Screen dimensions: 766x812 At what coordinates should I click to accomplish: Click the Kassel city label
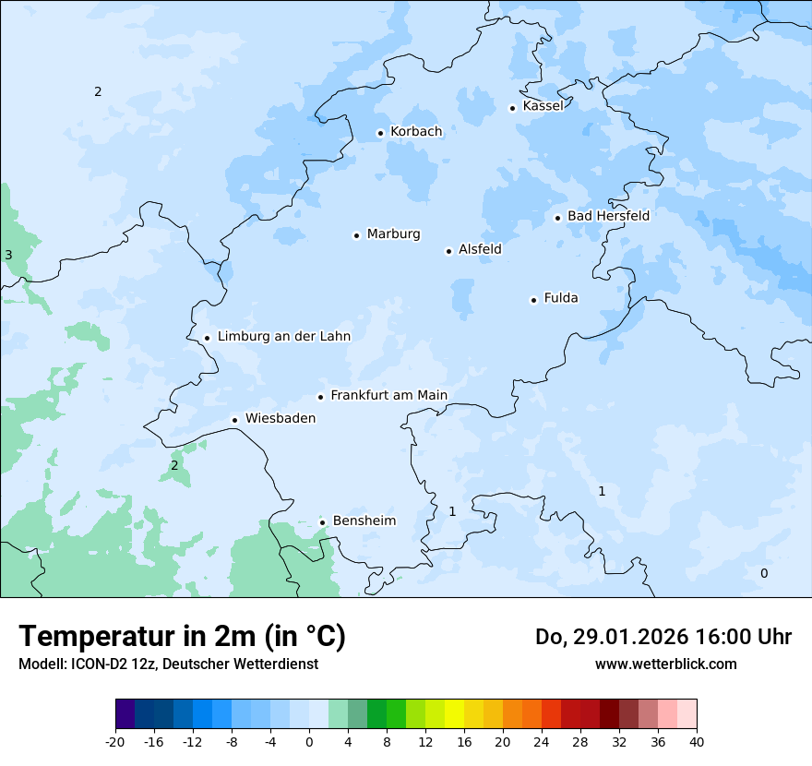543,106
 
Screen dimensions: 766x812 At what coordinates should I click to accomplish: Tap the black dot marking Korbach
380,133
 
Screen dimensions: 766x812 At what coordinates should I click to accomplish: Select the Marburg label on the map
393,234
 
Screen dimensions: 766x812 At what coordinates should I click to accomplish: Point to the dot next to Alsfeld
449,251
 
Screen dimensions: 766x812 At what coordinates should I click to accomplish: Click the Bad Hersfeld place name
608,216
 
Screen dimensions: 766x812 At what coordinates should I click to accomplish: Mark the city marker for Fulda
533,300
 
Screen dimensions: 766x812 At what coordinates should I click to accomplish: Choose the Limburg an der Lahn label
283,337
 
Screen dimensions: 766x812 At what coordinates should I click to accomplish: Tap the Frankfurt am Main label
388,395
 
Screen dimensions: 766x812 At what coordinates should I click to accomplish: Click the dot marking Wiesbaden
235,420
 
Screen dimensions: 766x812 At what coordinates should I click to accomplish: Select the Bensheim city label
364,521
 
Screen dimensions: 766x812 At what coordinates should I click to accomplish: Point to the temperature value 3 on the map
8,255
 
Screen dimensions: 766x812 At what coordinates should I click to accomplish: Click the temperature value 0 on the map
763,573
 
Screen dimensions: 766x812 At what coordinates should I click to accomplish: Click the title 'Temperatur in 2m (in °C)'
183,636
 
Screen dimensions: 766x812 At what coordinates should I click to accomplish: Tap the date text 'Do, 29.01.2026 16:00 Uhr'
663,637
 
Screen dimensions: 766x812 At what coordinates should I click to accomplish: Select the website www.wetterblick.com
665,664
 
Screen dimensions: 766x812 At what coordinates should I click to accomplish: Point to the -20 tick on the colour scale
115,741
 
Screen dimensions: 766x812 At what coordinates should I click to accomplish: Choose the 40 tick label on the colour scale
697,741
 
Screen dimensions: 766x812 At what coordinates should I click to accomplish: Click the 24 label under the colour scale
542,741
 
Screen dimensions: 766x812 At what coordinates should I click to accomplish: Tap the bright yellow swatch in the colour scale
454,714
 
